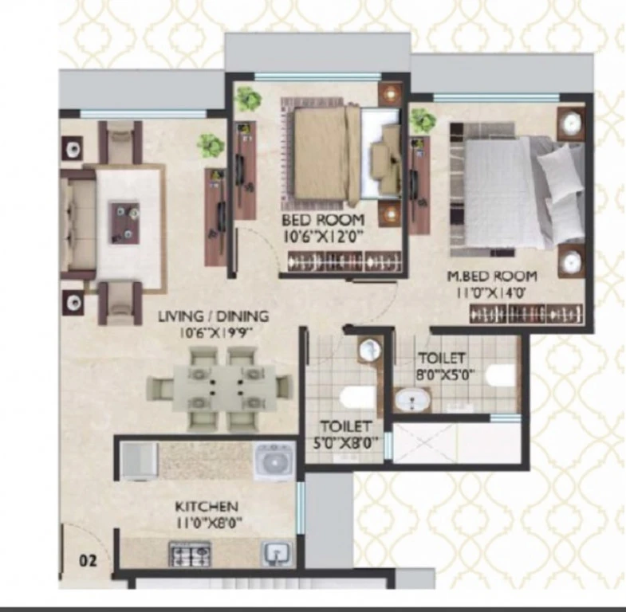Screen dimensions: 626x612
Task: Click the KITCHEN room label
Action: (x=207, y=506)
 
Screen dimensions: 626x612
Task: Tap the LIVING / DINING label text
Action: (x=214, y=316)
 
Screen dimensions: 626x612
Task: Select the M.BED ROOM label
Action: (x=492, y=276)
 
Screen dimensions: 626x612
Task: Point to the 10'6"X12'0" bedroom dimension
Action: (x=324, y=237)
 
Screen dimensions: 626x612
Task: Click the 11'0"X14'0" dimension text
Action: (x=490, y=293)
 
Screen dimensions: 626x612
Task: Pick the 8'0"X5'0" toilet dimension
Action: (x=445, y=375)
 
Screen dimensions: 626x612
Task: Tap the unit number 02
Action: (x=88, y=560)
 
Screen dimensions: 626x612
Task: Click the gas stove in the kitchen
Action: (x=190, y=553)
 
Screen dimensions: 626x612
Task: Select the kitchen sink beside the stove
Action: (x=276, y=553)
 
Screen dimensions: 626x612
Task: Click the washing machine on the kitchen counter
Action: (x=274, y=461)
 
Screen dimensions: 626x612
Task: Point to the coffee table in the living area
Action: (x=125, y=223)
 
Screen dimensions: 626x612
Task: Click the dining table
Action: (x=225, y=387)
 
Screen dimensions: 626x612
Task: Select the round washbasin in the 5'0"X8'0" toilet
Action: (x=370, y=350)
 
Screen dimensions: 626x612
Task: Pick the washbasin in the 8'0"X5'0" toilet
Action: (x=413, y=400)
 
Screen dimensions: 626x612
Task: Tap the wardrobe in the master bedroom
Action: (x=526, y=314)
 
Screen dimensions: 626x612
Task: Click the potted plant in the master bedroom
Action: (x=423, y=120)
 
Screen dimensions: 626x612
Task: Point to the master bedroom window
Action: (x=496, y=97)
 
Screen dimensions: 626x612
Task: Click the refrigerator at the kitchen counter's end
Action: (x=140, y=461)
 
